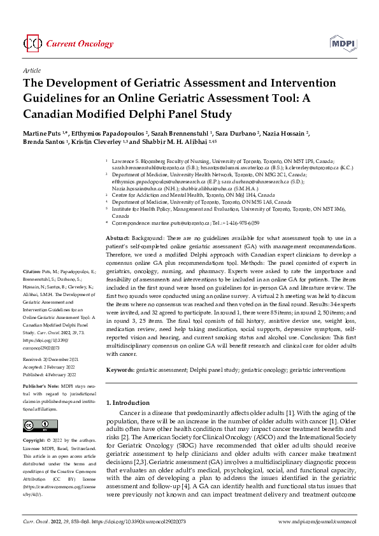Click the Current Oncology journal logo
(57, 43)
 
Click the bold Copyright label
(34, 441)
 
